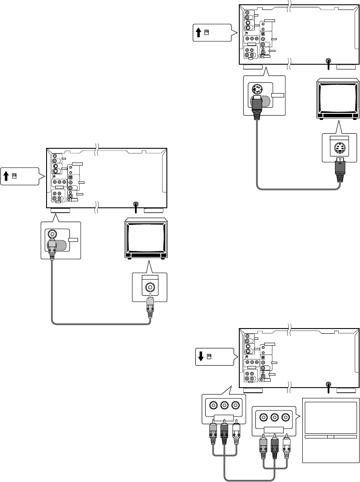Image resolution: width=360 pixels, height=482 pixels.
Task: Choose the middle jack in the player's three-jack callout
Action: point(224,406)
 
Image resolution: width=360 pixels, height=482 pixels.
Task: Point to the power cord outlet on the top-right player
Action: point(329,62)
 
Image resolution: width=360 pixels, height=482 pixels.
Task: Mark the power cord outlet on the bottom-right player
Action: point(329,385)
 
